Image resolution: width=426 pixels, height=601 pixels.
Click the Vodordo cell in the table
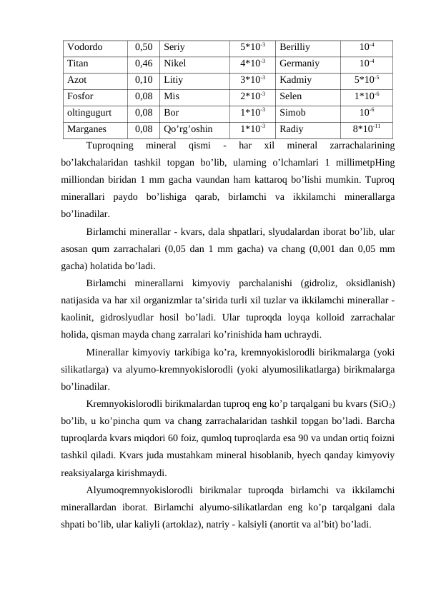coord(84,47)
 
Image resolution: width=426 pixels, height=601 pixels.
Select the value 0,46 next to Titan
coord(144,63)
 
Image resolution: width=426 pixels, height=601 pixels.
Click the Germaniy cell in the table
coord(299,63)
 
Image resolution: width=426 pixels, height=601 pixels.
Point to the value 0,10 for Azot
coord(144,79)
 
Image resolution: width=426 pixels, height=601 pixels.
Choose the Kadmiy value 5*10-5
coord(367,79)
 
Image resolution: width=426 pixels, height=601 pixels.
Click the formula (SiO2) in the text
coord(379,405)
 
